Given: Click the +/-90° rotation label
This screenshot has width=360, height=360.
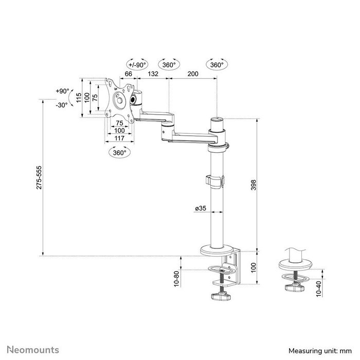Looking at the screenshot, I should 137,65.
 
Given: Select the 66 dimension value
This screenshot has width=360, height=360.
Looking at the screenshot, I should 129,75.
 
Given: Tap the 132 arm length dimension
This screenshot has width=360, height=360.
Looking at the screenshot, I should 153,75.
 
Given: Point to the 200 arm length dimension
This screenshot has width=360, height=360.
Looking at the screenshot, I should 193,75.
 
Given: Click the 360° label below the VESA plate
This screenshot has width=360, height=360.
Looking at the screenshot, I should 120,153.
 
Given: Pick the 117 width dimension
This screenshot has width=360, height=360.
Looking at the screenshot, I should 119,138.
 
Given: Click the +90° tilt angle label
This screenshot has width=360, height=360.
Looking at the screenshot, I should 62,91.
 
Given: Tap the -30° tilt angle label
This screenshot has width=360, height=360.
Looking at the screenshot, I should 62,104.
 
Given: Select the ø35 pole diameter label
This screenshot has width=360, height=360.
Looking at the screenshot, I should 201,208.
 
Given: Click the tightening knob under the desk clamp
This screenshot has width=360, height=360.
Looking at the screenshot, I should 222,297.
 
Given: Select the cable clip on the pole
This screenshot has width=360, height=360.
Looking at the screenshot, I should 215,181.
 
